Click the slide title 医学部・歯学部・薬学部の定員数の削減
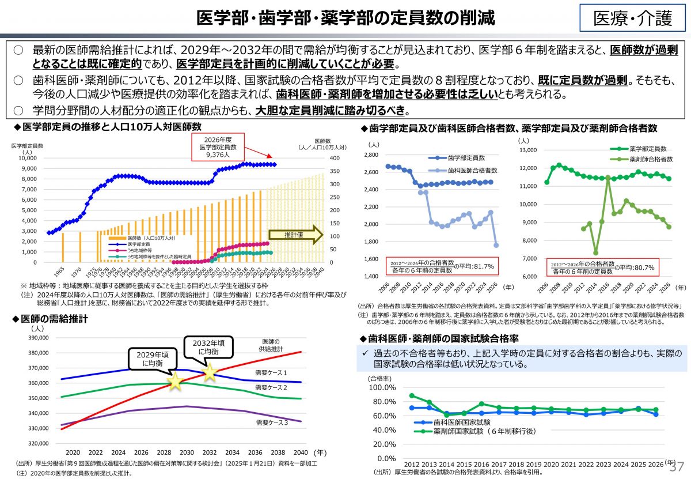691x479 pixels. pos(345,18)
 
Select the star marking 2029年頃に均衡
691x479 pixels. pos(175,381)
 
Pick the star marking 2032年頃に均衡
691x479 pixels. pos(209,372)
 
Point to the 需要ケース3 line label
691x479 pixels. pos(271,423)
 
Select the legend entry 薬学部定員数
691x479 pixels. pos(648,149)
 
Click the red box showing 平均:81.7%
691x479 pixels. pos(442,266)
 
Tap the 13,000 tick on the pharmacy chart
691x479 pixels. pos(527,150)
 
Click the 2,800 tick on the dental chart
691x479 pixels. pos(370,155)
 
